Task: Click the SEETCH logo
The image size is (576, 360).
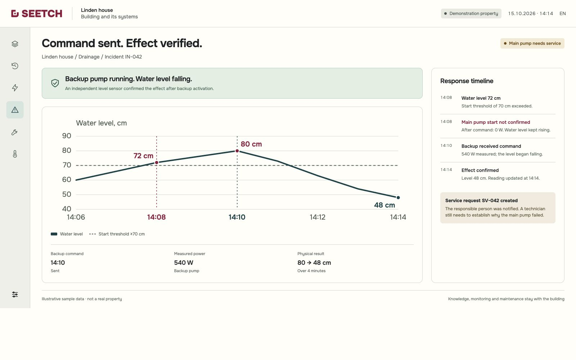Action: point(36,14)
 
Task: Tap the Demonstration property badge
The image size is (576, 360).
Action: point(471,14)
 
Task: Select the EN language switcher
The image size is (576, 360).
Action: point(563,14)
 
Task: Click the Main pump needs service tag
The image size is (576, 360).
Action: point(532,44)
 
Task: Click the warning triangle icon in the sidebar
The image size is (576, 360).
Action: point(15,110)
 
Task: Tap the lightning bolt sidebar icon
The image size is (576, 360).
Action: point(15,88)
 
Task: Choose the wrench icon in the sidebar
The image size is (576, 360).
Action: point(15,132)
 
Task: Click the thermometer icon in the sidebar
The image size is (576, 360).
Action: point(15,154)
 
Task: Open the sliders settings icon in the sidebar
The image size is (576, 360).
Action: point(15,294)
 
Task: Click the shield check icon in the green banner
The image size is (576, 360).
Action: point(55,83)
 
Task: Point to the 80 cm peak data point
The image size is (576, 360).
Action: point(237,151)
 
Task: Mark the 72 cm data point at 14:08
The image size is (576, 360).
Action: point(157,162)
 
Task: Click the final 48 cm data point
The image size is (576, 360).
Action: point(398,198)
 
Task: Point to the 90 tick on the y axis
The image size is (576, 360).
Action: point(67,136)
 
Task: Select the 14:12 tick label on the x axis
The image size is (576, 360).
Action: point(318,217)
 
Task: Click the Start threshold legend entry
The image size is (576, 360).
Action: point(117,234)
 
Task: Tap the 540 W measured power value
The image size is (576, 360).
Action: point(184,262)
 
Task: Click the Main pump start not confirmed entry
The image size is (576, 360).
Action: point(496,122)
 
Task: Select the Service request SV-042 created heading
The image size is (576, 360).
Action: point(481,201)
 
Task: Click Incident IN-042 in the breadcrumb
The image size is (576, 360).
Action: point(123,57)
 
